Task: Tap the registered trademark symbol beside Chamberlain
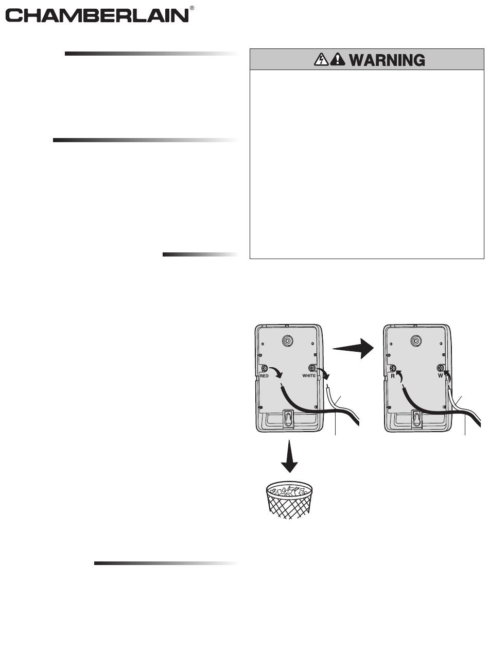(x=192, y=9)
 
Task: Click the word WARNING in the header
(x=387, y=60)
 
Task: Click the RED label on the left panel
(x=265, y=376)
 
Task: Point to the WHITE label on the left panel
(x=309, y=376)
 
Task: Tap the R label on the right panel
(x=392, y=376)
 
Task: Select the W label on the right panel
(x=441, y=376)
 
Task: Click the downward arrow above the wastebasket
(x=290, y=456)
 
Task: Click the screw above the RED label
(x=264, y=368)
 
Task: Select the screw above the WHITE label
(x=312, y=368)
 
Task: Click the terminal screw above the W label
(x=441, y=368)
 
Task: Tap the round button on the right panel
(x=416, y=341)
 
